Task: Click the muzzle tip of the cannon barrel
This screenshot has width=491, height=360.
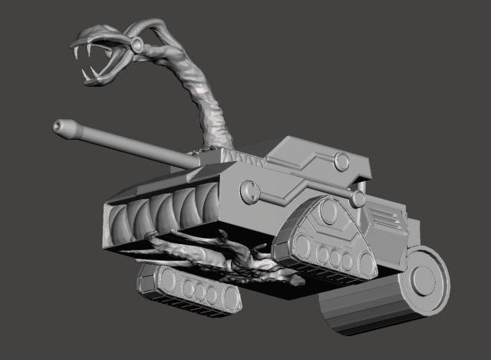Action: coord(58,127)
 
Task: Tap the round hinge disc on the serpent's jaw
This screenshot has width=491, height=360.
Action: coord(137,47)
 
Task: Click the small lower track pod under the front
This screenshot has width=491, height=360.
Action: coord(189,290)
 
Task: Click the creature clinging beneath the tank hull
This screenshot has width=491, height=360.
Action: coord(222,257)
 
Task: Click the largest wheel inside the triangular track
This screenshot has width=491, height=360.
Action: coord(302,247)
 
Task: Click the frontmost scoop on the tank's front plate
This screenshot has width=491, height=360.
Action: coord(120,223)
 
